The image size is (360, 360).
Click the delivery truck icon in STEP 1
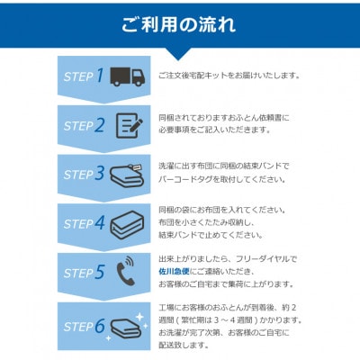click(128, 76)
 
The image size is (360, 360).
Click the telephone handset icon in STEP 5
click(126, 273)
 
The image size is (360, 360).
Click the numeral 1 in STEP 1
click(100, 76)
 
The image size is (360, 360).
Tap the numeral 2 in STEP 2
click(100, 124)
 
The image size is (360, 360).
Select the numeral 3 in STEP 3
click(100, 174)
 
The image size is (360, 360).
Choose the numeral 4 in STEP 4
click(100, 223)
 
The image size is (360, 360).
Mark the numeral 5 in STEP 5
click(100, 273)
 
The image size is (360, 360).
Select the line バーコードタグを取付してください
click(221, 179)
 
